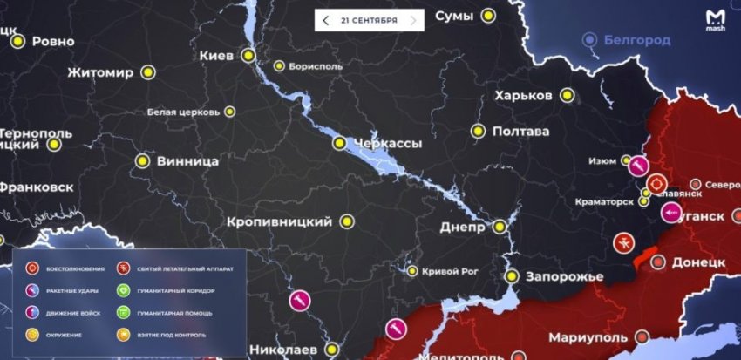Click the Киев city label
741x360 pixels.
(217, 56)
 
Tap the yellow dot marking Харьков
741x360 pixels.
(568, 96)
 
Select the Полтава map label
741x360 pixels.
(520, 132)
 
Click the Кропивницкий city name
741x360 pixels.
(280, 222)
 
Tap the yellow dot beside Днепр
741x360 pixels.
(500, 227)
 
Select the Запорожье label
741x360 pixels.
(565, 276)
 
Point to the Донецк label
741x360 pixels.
(700, 262)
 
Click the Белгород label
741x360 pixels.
(640, 40)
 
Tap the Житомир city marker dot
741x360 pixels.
(148, 73)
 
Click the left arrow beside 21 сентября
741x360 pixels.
(326, 20)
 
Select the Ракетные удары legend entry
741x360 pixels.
(65, 289)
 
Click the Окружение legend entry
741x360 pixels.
(58, 334)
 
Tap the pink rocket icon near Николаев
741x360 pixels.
(299, 301)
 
